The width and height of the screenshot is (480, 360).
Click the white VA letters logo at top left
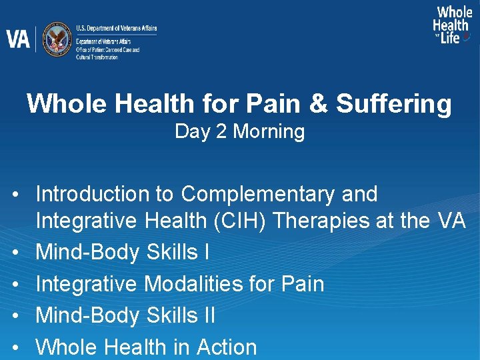pos(18,39)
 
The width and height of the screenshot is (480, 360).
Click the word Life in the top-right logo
pos(451,38)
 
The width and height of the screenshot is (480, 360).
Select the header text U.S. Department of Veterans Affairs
pos(116,29)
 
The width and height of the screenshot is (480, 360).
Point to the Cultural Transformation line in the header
pos(97,57)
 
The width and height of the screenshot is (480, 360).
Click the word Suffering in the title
pos(393,103)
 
